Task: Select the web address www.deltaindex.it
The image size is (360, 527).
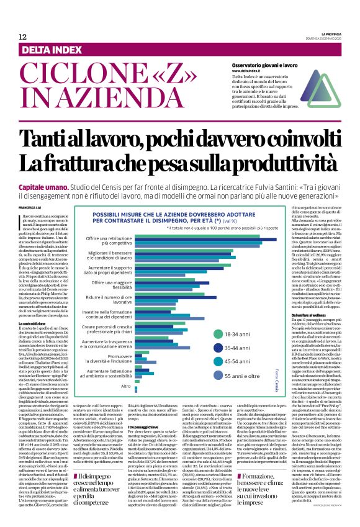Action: click(x=249, y=71)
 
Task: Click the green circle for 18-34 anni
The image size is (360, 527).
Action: click(x=219, y=333)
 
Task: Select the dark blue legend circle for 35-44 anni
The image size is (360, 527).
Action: click(x=219, y=348)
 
